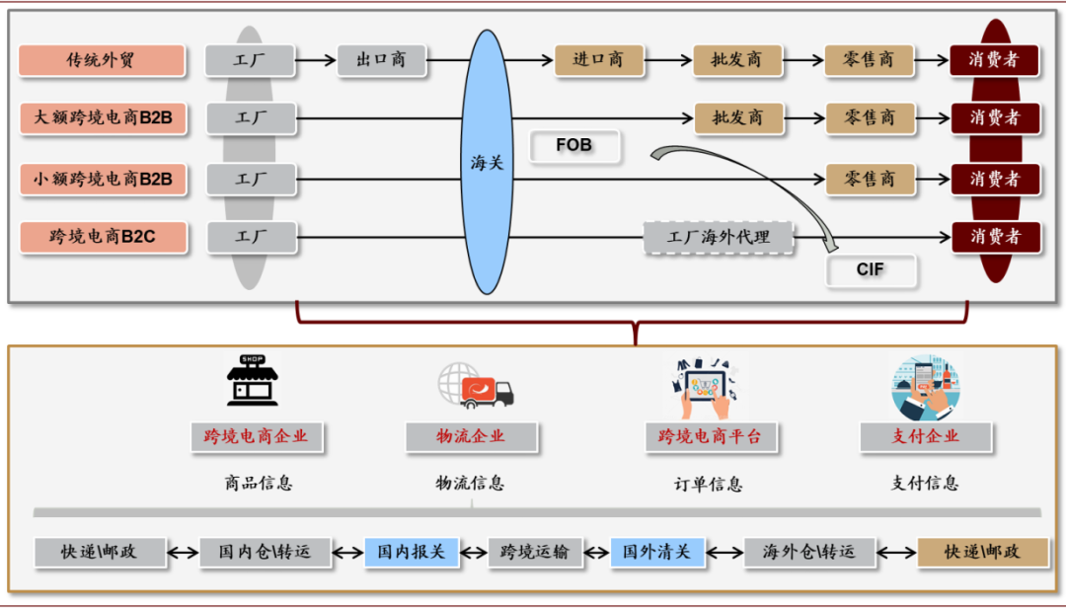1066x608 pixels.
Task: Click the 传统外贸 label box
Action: (102, 60)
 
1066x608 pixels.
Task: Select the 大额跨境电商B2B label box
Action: (102, 118)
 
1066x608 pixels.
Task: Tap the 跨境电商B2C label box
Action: (102, 237)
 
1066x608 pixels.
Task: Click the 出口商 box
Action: (381, 59)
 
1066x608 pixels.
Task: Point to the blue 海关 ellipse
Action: (487, 162)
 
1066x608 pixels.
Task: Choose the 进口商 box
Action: (598, 59)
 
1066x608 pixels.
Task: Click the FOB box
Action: (574, 146)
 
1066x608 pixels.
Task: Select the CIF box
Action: (871, 268)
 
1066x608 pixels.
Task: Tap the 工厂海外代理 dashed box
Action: (719, 237)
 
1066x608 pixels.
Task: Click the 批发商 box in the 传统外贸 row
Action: (737, 59)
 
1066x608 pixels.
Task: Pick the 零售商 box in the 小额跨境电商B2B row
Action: (870, 179)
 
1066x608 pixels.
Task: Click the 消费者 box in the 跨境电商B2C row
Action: (994, 237)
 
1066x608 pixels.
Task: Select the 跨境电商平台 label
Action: (711, 436)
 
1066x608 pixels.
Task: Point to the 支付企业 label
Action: (925, 436)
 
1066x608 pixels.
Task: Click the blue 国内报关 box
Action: (412, 552)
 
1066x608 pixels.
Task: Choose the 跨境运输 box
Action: (535, 552)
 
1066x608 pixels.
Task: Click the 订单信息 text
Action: (708, 484)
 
